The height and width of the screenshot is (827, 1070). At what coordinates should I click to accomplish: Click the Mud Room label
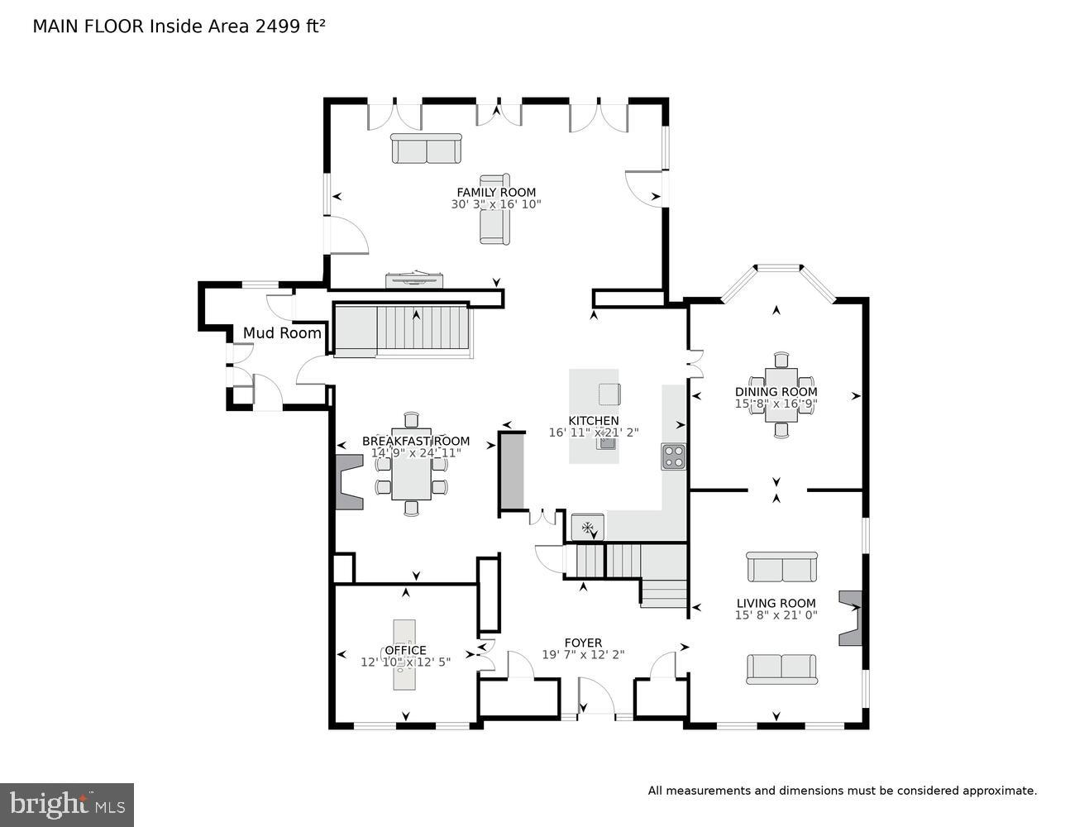pyautogui.click(x=282, y=333)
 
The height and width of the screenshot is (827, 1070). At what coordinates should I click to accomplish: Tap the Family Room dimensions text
pyautogui.click(x=496, y=204)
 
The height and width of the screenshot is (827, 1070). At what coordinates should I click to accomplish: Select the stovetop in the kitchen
pyautogui.click(x=673, y=457)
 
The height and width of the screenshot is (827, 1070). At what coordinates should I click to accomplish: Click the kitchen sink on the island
pyautogui.click(x=608, y=442)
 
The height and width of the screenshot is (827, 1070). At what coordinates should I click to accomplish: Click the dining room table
pyautogui.click(x=781, y=395)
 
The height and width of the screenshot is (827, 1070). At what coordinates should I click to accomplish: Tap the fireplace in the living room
pyautogui.click(x=850, y=618)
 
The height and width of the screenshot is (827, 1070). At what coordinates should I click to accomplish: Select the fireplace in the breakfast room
pyautogui.click(x=348, y=481)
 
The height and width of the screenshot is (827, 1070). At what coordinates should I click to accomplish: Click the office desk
pyautogui.click(x=404, y=655)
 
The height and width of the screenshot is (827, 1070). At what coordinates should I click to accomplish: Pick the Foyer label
pyautogui.click(x=583, y=643)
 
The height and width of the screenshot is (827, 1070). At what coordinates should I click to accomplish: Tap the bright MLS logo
pyautogui.click(x=67, y=805)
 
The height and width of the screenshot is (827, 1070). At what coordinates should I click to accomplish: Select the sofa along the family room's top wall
pyautogui.click(x=426, y=149)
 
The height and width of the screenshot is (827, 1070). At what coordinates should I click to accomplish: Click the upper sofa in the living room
pyautogui.click(x=781, y=567)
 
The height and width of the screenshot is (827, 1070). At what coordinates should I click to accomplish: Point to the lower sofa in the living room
pyautogui.click(x=781, y=668)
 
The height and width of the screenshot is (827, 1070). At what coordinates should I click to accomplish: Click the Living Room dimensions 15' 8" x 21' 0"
pyautogui.click(x=776, y=615)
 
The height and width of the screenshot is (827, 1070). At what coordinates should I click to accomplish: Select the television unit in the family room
pyautogui.click(x=414, y=280)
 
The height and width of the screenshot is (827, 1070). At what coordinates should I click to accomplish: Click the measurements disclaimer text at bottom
pyautogui.click(x=842, y=791)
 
